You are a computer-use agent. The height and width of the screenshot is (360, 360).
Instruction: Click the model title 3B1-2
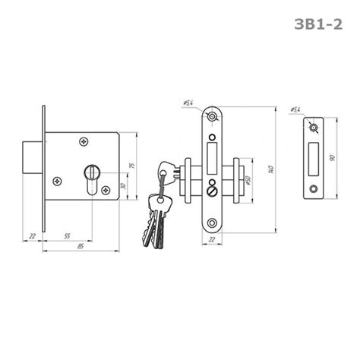coord(318,24)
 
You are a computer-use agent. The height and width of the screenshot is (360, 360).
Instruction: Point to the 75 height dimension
coord(132,166)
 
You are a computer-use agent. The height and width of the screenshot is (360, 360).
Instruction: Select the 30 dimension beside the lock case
coord(123,186)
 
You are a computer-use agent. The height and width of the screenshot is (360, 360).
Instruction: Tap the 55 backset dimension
coord(67,236)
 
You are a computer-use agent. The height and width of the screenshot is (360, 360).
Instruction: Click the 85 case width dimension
coord(81,246)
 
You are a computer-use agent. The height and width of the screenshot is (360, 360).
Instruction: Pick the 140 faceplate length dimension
coord(271,169)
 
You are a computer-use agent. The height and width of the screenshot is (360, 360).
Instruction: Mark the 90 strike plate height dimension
coord(333,158)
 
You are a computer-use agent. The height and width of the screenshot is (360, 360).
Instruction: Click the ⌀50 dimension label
coord(248,180)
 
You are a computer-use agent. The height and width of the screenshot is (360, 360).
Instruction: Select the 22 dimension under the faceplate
coord(212,239)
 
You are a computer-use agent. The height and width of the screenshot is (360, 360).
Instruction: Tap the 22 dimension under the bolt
coord(33,236)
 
